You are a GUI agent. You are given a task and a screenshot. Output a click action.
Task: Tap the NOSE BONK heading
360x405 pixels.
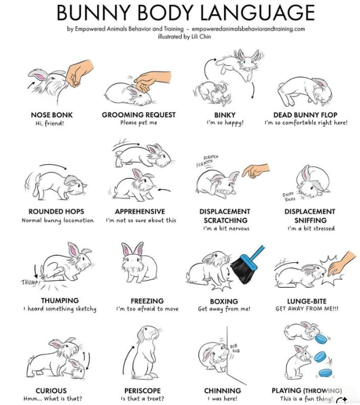coord(52,115)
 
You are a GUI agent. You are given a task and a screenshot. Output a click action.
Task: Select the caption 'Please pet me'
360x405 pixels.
coord(138,123)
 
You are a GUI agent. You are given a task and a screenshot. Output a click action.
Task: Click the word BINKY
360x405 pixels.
coord(225,115)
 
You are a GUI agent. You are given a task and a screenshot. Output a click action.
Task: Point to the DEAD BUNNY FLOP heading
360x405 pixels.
coord(305,115)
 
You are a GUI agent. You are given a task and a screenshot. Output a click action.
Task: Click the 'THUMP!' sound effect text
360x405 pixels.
coord(31,283)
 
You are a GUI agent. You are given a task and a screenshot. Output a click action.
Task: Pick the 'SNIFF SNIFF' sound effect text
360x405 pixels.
coord(289,197)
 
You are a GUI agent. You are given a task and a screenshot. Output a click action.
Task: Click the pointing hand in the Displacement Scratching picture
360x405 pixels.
coord(255,170)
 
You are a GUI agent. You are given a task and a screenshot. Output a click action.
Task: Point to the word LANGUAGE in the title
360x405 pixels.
coord(260,12)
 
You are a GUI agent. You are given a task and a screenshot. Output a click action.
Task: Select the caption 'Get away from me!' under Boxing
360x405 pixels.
coord(224,309)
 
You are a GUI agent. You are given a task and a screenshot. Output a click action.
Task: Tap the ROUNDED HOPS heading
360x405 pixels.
coord(56,212)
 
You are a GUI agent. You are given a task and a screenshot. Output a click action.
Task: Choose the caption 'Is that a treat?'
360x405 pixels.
coord(142,399)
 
